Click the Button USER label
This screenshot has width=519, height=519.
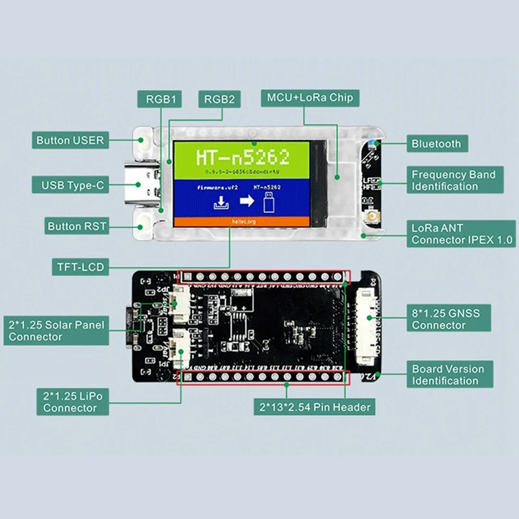pyautogui.click(x=70, y=140)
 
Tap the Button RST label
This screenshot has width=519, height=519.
pyautogui.click(x=77, y=226)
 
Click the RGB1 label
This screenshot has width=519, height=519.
pyautogui.click(x=159, y=99)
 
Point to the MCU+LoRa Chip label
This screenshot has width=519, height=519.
pyautogui.click(x=309, y=98)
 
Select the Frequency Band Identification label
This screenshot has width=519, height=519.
pyautogui.click(x=453, y=180)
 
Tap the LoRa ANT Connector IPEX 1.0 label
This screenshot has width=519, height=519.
pyautogui.click(x=461, y=234)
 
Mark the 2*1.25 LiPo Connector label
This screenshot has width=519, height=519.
pyautogui.click(x=69, y=402)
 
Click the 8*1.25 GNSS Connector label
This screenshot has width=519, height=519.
pyautogui.click(x=446, y=319)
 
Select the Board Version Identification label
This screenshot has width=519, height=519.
pyautogui.click(x=448, y=375)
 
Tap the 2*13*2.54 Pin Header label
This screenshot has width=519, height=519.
pyautogui.click(x=315, y=407)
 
